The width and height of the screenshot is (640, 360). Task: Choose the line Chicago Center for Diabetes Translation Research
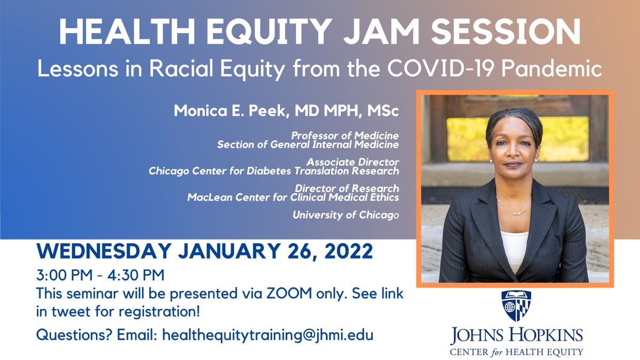coord(274,171)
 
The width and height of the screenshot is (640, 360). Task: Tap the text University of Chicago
coord(345,215)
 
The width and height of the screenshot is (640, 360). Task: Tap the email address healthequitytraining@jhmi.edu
coord(268,335)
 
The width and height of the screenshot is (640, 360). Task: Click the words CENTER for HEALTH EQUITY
coord(516,351)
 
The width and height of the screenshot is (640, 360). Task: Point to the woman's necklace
coord(514,208)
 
